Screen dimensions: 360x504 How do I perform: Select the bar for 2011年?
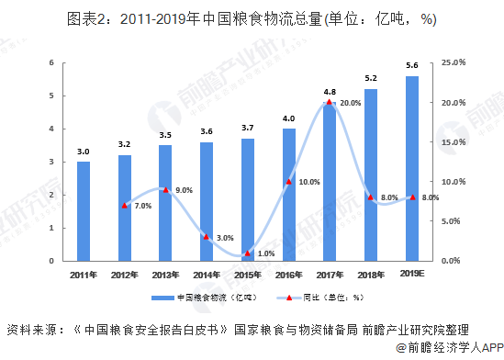pyautogui.click(x=84, y=211)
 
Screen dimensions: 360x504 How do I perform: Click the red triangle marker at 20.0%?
pyautogui.click(x=330, y=102)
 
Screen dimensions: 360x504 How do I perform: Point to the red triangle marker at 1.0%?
pyautogui.click(x=248, y=253)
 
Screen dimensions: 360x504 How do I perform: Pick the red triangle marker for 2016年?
pyautogui.click(x=288, y=182)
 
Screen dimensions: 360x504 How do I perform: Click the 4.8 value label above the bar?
pyautogui.click(x=330, y=92)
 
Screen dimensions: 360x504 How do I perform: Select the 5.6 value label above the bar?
pyautogui.click(x=412, y=65)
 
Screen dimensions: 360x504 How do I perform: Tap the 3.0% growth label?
pyautogui.click(x=224, y=238)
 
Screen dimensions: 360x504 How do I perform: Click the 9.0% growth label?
pyautogui.click(x=183, y=190)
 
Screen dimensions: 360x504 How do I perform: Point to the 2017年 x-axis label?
pyautogui.click(x=330, y=275)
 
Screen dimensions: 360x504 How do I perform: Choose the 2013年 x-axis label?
pyautogui.click(x=165, y=275)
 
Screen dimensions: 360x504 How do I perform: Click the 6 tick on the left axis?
pyautogui.click(x=51, y=62)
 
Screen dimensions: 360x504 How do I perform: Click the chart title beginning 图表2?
pyautogui.click(x=252, y=18)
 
